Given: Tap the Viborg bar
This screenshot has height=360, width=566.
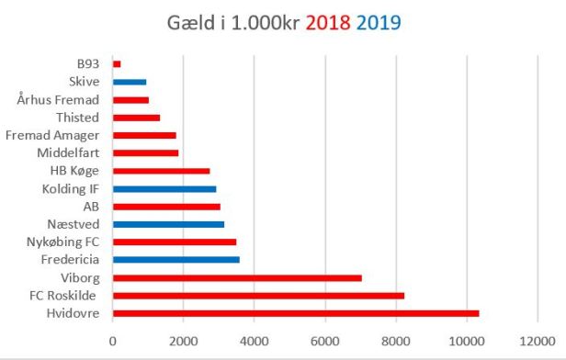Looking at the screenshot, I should click(x=237, y=277).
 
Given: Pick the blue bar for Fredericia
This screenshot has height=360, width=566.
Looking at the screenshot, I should click(x=175, y=260).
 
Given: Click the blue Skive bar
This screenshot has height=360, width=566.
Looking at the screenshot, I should click(x=130, y=82).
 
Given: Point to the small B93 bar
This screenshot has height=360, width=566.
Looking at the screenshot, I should click(x=117, y=63).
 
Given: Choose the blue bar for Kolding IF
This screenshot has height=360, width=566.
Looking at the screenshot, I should click(x=164, y=188).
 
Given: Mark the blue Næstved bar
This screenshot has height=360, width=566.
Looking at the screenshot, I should click(x=168, y=224).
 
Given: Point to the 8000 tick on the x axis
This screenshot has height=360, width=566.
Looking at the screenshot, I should click(x=396, y=341).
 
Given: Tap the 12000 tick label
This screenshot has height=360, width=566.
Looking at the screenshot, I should click(x=538, y=341).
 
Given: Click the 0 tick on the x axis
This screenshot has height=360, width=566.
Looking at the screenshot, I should click(x=113, y=341).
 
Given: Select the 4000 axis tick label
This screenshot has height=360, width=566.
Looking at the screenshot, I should click(x=255, y=341).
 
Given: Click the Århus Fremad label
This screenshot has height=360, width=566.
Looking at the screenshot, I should click(x=58, y=99).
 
